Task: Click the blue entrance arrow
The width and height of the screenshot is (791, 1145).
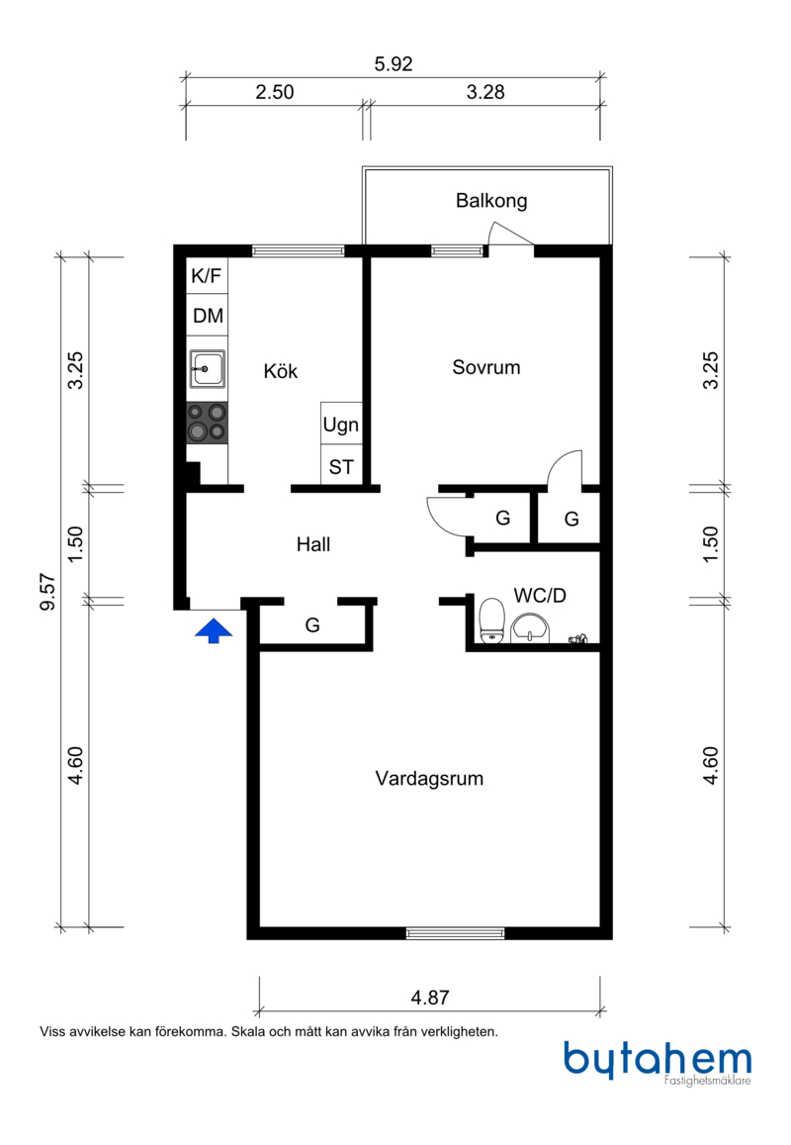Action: [213, 631]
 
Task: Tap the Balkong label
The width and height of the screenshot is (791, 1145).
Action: [491, 201]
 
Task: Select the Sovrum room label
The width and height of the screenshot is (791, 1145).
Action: [486, 367]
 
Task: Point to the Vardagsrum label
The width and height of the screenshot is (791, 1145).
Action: [429, 779]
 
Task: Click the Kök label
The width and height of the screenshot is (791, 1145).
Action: [280, 371]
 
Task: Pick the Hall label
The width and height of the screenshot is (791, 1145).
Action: [313, 544]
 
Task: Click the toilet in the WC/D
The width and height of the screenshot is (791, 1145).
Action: [492, 620]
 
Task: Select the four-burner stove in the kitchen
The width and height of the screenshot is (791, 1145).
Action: [208, 423]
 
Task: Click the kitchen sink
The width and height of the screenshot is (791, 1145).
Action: [208, 368]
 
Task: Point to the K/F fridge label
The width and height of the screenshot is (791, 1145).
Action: [206, 276]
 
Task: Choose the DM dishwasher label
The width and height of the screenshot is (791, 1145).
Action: [208, 316]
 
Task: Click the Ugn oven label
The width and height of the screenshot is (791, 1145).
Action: [341, 425]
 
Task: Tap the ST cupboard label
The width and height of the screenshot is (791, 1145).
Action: [341, 467]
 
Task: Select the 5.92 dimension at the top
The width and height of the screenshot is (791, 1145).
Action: [394, 64]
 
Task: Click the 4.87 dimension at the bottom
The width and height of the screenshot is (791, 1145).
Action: [430, 998]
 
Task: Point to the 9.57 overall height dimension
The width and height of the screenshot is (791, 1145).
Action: [47, 592]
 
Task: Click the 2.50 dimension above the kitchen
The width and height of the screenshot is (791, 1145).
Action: [274, 92]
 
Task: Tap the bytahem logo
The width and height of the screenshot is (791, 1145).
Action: [658, 1063]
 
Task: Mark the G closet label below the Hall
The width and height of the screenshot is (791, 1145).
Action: [312, 625]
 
